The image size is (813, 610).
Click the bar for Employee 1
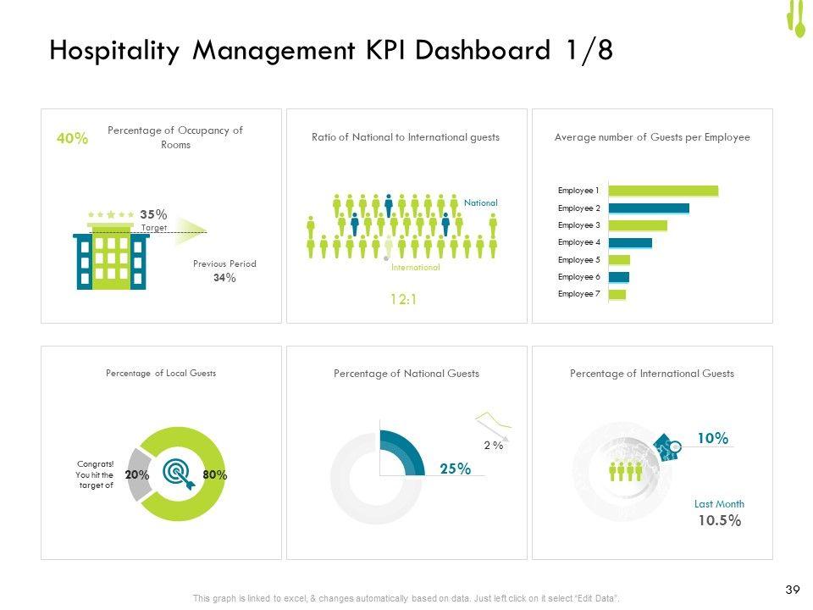[x=663, y=191]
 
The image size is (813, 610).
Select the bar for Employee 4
[x=630, y=242]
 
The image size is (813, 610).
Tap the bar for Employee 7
[x=617, y=294]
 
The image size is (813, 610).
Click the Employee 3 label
[x=578, y=225]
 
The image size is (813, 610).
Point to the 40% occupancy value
[x=72, y=139]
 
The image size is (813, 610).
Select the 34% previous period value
[x=224, y=278]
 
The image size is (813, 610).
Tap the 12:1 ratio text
[x=402, y=298]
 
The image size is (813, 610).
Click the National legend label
[x=481, y=203]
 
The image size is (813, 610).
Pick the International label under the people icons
[x=416, y=267]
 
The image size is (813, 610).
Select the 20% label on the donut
[x=136, y=475]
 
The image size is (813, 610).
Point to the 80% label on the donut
[x=215, y=475]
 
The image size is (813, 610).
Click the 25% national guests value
[x=455, y=469]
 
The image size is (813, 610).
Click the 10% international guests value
[x=712, y=438]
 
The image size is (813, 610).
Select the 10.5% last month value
[x=719, y=521]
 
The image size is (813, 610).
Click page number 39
[x=794, y=590]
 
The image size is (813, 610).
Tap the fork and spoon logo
[x=795, y=19]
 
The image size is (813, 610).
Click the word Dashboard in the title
[x=486, y=52]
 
